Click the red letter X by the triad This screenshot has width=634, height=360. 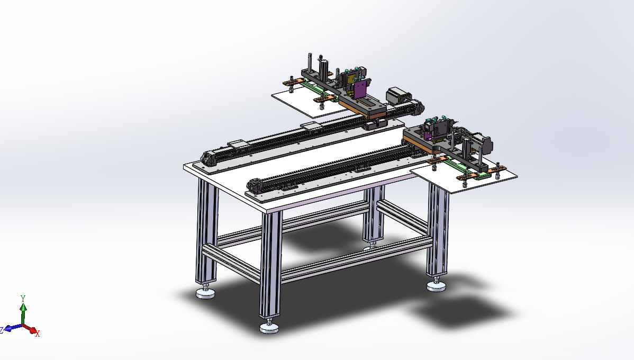[x=38, y=334]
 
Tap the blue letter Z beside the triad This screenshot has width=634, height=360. [x=2, y=330]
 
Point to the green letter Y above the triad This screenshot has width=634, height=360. [x=23, y=298]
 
